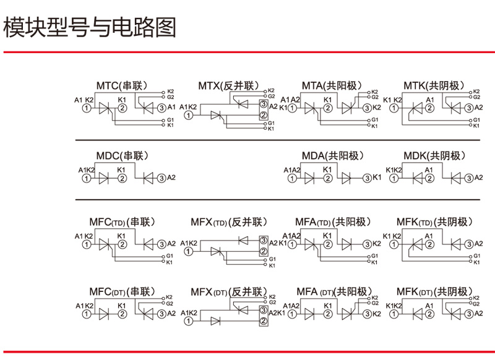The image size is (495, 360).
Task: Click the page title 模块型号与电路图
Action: click(90, 28)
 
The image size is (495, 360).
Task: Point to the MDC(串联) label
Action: click(123, 156)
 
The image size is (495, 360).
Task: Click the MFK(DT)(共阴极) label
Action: click(434, 291)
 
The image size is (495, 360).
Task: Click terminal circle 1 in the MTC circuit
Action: click(87, 108)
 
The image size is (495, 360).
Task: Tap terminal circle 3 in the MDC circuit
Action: click(162, 178)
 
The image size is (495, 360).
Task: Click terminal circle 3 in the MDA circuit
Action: click(366, 178)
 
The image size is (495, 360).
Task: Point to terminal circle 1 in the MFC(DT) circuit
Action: click(87, 314)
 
